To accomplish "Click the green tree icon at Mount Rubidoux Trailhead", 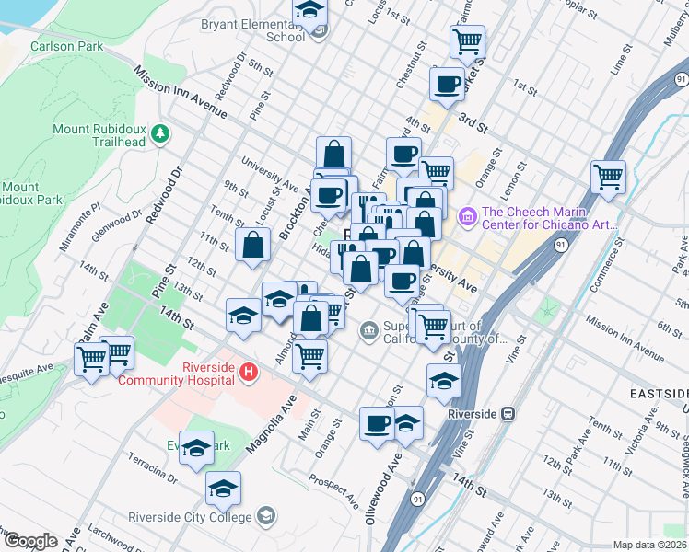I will click(x=161, y=134).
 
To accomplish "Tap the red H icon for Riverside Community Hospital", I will click(x=248, y=373).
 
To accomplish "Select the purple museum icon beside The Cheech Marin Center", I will click(x=467, y=217).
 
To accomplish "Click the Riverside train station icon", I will click(x=508, y=414).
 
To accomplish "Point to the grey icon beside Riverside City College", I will click(x=266, y=516).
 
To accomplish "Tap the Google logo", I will click(x=30, y=541).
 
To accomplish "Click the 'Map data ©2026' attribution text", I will click(x=649, y=545).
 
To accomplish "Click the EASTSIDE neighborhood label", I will click(x=660, y=393).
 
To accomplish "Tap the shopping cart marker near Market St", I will click(x=468, y=41).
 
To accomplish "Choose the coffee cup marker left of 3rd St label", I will click(x=448, y=84).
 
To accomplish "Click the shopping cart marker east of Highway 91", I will click(x=609, y=177).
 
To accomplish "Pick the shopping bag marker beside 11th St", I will click(x=252, y=246).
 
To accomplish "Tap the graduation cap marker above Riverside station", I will click(x=444, y=381).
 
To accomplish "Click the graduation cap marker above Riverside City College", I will click(x=223, y=489).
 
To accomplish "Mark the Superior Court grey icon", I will click(x=369, y=329).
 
